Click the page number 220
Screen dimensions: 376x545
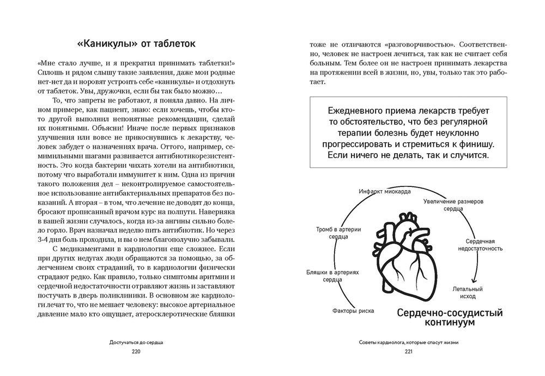click(136, 353)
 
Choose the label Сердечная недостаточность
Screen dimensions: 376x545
click(480, 245)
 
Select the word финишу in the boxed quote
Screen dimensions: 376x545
click(473, 144)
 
